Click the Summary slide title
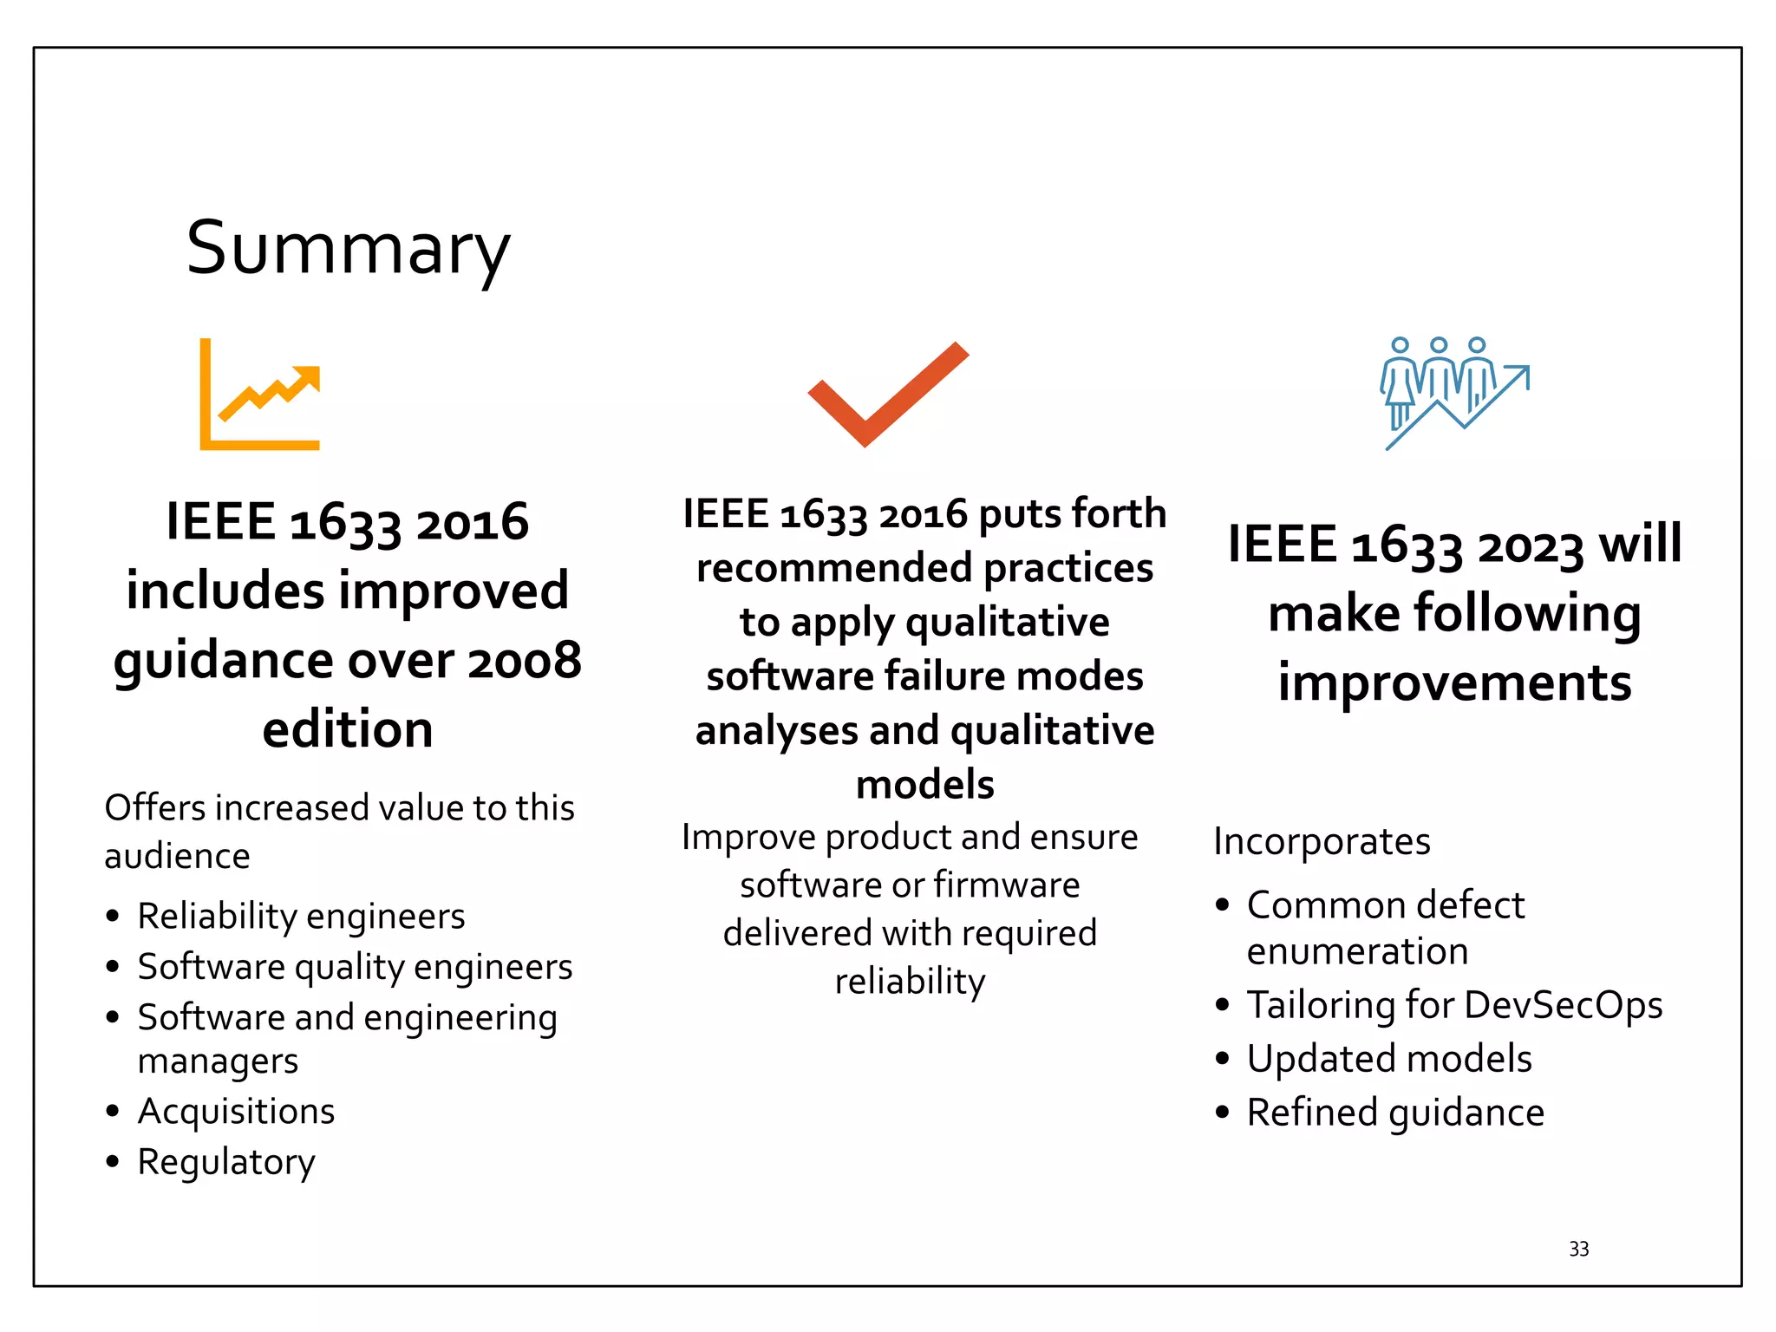click(348, 249)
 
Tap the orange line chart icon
click(260, 395)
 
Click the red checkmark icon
click(887, 395)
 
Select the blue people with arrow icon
click(1454, 393)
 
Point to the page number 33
click(1578, 1249)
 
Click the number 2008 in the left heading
click(525, 661)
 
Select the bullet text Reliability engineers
click(301, 917)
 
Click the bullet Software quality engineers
click(355, 967)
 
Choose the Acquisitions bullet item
click(236, 1112)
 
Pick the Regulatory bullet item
click(226, 1162)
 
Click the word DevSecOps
click(1564, 1006)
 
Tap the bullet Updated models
click(1388, 1059)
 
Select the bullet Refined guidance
click(1395, 1113)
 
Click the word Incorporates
click(1322, 841)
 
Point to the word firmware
click(1007, 885)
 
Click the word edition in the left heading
click(348, 729)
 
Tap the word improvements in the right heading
click(1454, 682)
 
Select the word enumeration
click(1357, 952)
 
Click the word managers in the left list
click(218, 1061)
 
